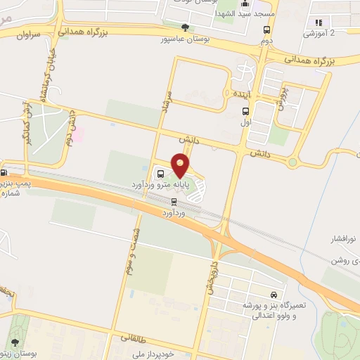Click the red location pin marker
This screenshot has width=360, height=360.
[x=181, y=165]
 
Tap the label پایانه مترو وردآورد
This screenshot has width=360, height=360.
[x=167, y=185]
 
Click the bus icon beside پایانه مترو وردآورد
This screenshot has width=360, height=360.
[x=160, y=173]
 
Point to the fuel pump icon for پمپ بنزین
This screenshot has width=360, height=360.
[x=4, y=172]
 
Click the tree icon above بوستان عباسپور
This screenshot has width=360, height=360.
[x=185, y=27]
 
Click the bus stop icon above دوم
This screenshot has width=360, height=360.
[x=266, y=30]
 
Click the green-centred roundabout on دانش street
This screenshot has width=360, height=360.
[x=292, y=162]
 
